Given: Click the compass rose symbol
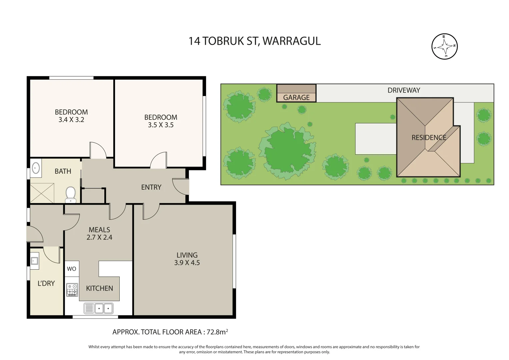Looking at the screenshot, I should click(444, 47).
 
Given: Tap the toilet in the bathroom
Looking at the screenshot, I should click(70, 194).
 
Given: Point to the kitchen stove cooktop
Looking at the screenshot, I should click(72, 290).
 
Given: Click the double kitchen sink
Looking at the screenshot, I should click(99, 308).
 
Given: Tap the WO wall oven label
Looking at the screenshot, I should click(72, 269).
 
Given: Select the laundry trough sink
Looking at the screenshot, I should click(34, 260).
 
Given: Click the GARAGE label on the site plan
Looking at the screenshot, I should click(296, 98).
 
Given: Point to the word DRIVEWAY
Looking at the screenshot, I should click(404, 90).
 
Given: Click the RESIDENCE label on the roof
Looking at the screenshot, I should click(429, 137).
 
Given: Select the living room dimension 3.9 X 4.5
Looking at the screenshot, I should click(187, 263).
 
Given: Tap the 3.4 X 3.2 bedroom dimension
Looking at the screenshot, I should click(71, 120).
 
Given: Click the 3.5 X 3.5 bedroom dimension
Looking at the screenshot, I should click(161, 125).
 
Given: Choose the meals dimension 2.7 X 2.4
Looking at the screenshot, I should click(99, 237).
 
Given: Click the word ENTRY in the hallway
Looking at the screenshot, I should click(151, 187).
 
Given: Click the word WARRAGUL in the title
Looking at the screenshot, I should click(292, 41).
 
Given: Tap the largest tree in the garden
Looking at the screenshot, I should click(287, 150).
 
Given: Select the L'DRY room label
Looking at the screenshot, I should click(46, 283).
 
